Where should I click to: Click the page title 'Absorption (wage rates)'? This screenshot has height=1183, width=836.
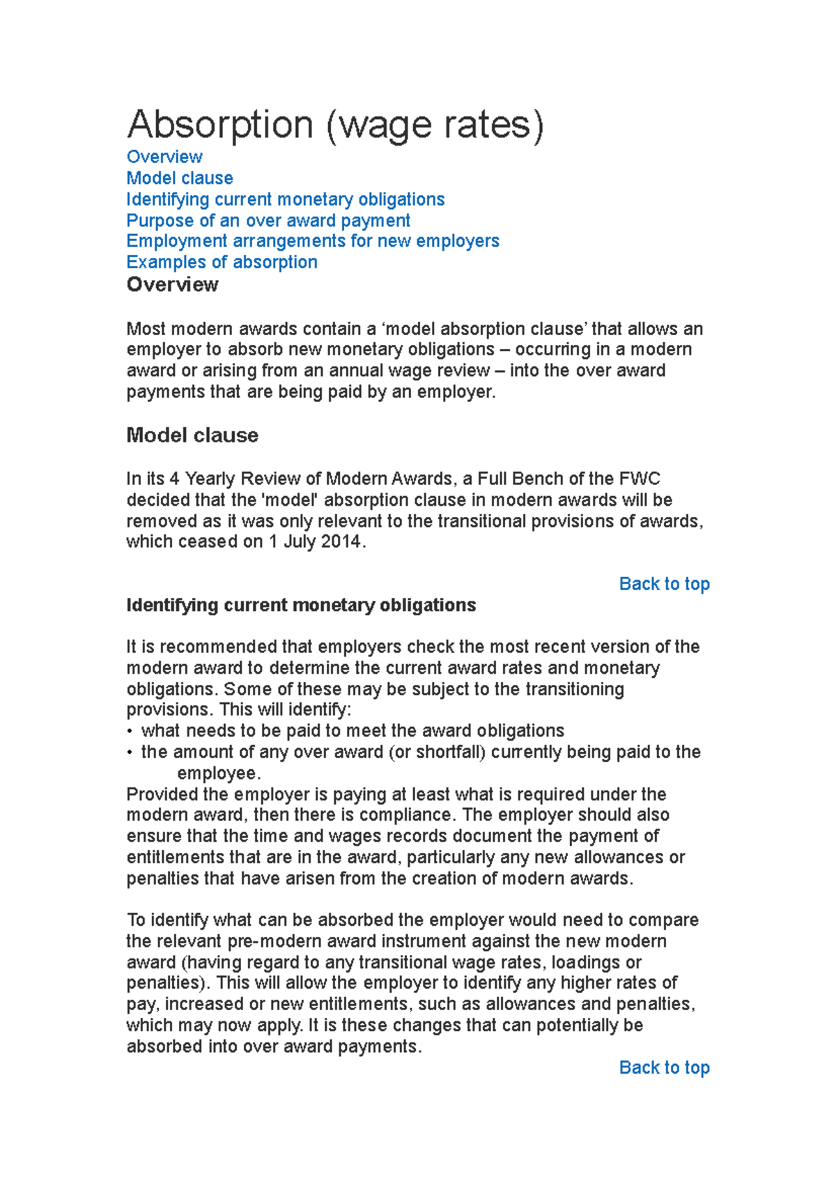(334, 125)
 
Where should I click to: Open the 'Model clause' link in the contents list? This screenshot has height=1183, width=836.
(180, 178)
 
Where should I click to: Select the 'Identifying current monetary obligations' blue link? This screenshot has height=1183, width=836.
(285, 199)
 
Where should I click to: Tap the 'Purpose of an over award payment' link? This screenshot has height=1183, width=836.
(268, 221)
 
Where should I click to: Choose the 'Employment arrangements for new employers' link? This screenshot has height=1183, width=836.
(313, 241)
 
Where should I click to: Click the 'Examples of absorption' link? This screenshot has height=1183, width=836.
(222, 263)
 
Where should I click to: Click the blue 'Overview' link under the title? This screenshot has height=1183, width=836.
(164, 157)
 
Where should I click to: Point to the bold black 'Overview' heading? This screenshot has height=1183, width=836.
(172, 285)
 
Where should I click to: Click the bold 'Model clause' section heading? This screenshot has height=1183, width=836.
(192, 435)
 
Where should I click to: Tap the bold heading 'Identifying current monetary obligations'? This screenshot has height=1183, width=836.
(301, 605)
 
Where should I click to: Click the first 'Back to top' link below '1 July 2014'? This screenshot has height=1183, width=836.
(664, 584)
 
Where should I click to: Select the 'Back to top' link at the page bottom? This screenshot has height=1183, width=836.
(664, 1067)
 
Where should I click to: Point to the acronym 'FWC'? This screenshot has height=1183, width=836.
(639, 479)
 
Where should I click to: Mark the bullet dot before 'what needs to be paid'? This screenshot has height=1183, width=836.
(130, 732)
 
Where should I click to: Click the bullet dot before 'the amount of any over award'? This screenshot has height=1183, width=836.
(130, 752)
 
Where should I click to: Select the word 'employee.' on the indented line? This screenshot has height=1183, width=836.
(219, 773)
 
